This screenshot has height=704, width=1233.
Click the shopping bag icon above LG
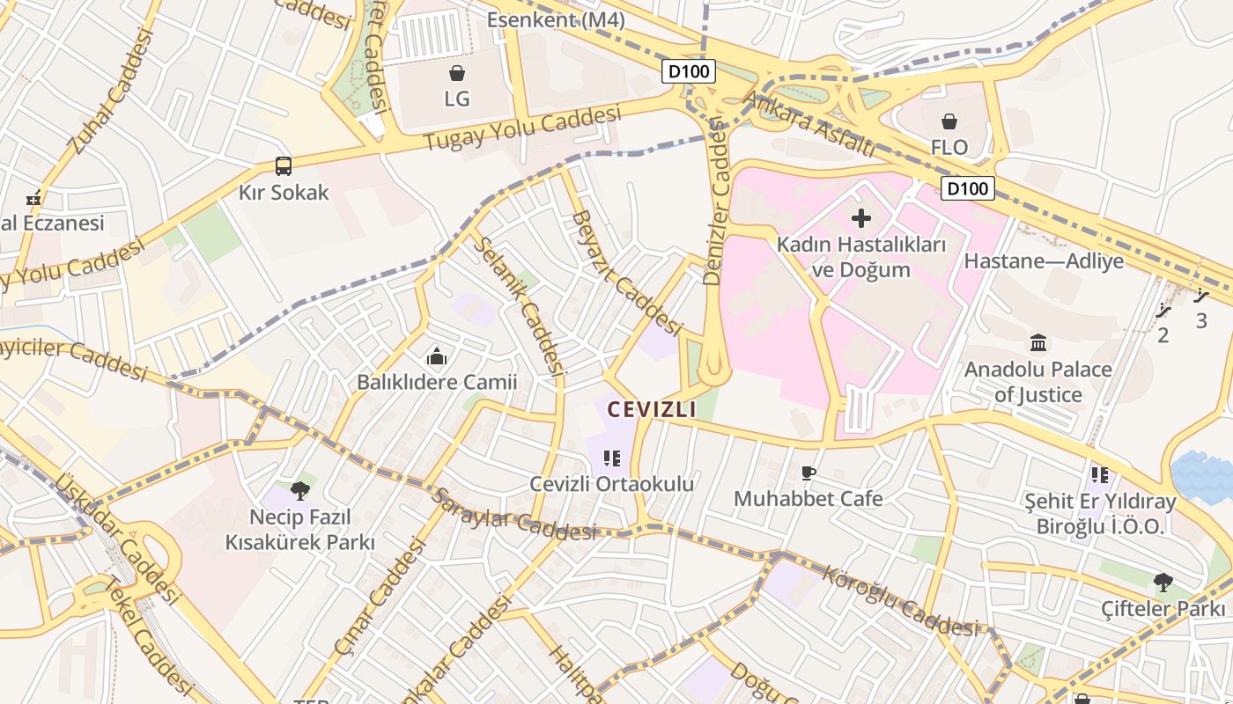tap(456, 72)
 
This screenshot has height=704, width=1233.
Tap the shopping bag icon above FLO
tap(949, 121)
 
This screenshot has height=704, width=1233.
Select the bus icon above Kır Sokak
tap(284, 165)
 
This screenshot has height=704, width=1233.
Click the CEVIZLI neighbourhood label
tap(652, 409)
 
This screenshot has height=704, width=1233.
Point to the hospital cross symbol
tap(860, 217)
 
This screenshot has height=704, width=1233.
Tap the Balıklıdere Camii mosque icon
tap(436, 356)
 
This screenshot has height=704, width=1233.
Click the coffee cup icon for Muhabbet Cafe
tap(808, 473)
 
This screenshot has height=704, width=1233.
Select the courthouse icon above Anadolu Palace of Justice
tap(1037, 342)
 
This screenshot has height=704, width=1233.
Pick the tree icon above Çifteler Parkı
tap(1163, 582)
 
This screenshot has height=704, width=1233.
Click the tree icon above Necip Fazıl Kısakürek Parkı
tap(299, 490)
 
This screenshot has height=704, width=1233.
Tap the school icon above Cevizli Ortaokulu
tap(612, 458)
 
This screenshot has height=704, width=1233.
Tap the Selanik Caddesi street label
tap(520, 304)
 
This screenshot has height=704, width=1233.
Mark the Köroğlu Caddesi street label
tap(898, 602)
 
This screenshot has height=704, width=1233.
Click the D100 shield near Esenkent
tap(689, 71)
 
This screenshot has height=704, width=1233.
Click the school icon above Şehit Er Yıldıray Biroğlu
tap(1099, 475)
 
